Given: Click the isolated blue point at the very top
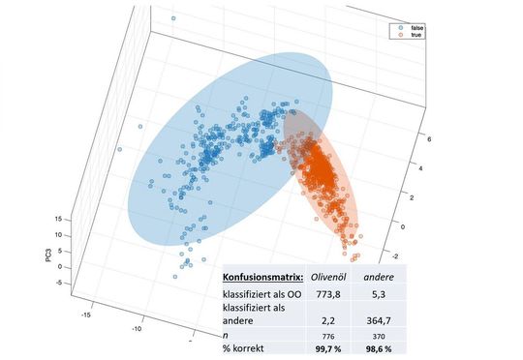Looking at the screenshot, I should (172, 18).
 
